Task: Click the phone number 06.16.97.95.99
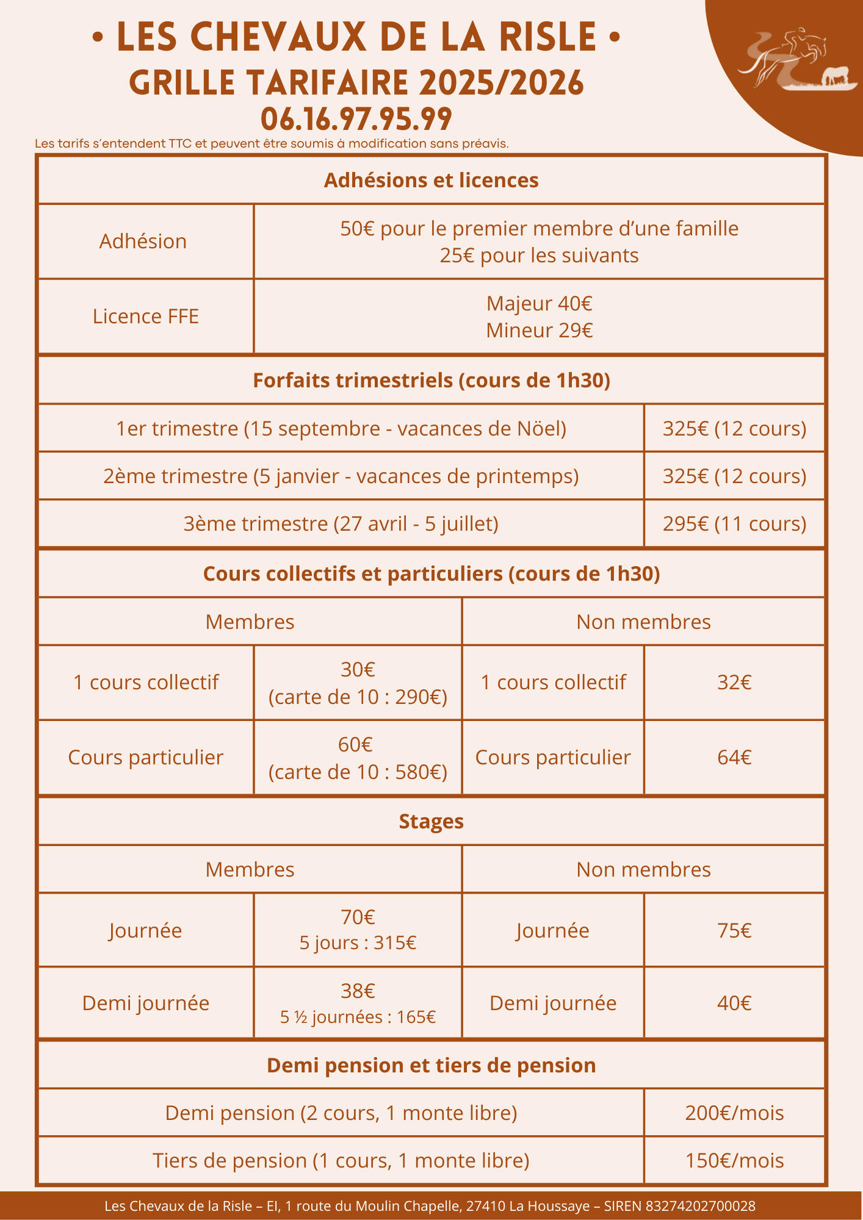tap(356, 119)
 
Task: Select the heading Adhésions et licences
tap(431, 181)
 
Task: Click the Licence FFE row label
tap(146, 317)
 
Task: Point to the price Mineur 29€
tap(540, 331)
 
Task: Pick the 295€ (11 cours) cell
tap(734, 524)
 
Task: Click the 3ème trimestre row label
tap(341, 524)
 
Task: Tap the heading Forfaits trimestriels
tap(431, 381)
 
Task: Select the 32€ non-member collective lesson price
tap(734, 683)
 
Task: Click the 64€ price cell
tap(734, 758)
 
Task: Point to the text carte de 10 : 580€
tap(358, 772)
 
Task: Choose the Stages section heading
tap(431, 822)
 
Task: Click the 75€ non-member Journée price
tap(734, 931)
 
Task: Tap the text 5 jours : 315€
tap(358, 944)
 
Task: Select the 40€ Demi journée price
tap(734, 1003)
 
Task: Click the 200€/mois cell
tap(734, 1113)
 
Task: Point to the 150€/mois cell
tap(734, 1161)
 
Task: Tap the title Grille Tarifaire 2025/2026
tap(356, 83)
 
